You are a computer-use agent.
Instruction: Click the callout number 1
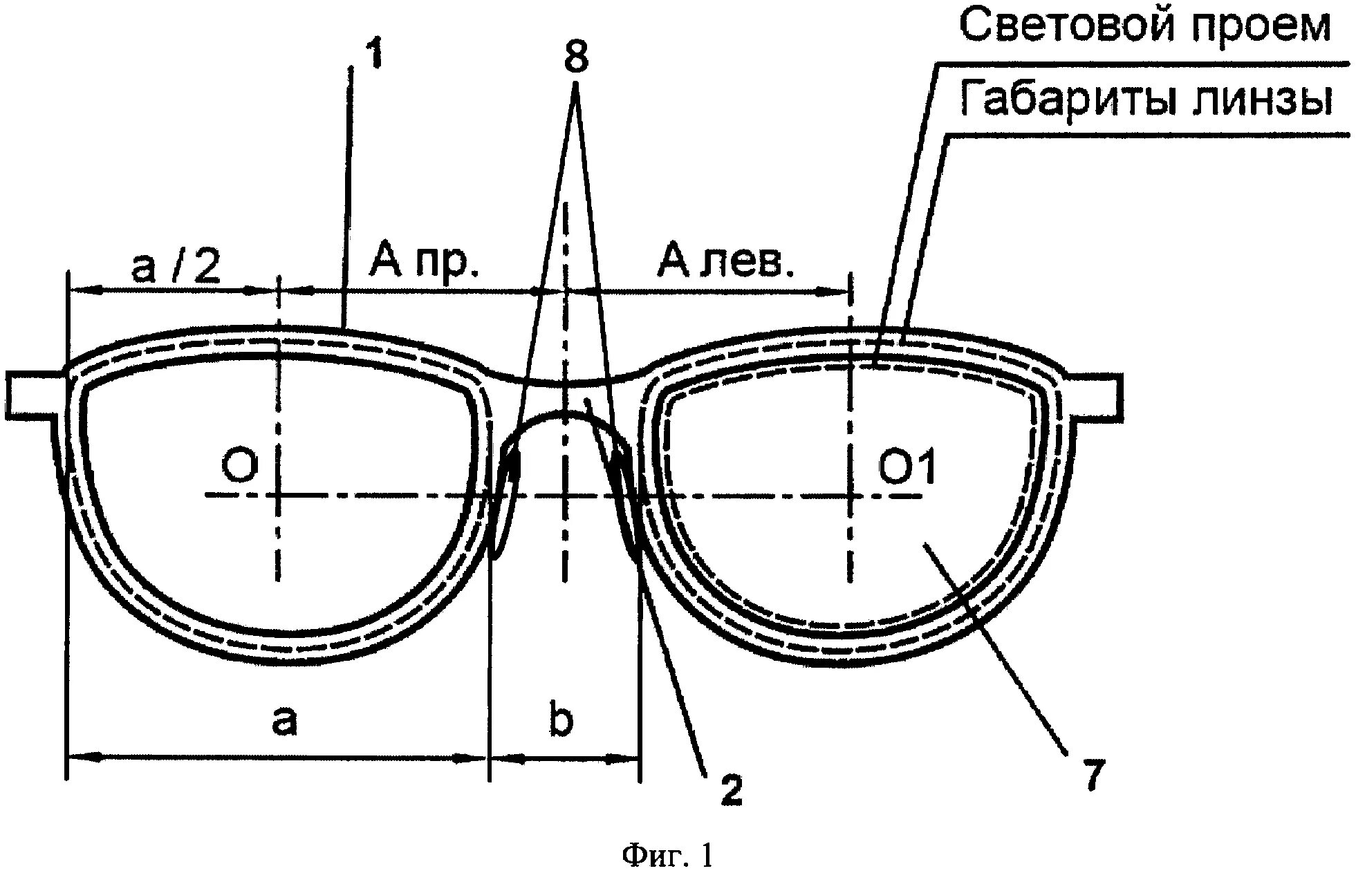(x=373, y=54)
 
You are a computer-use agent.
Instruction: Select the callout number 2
(x=730, y=789)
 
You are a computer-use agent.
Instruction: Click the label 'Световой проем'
(x=1145, y=26)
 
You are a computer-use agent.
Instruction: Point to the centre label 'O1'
(x=907, y=467)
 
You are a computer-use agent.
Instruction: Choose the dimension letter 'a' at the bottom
(x=284, y=720)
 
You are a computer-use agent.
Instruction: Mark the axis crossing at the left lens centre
(x=278, y=495)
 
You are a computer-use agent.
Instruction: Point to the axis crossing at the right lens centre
(x=850, y=496)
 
